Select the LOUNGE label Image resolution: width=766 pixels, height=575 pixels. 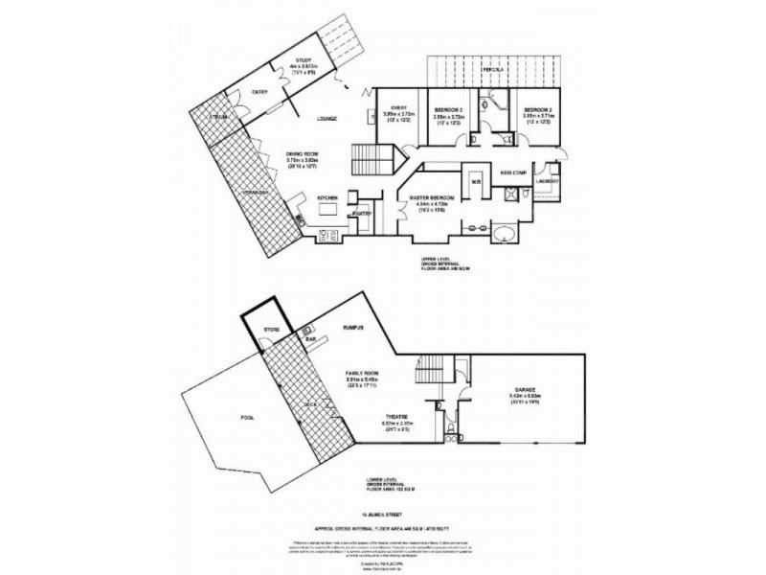[330, 119]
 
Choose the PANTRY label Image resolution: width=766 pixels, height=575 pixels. [361, 214]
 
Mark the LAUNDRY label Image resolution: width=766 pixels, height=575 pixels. [548, 180]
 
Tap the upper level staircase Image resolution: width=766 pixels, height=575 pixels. [367, 154]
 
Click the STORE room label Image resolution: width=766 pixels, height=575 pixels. [271, 331]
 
